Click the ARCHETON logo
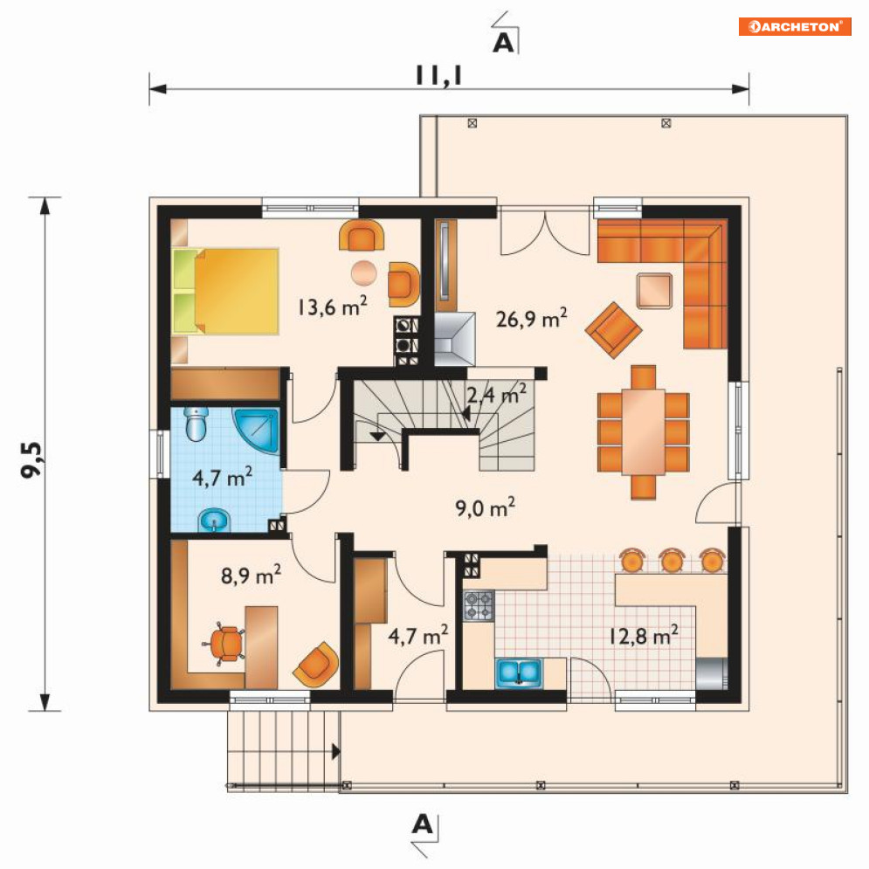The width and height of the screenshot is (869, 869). [x=795, y=26]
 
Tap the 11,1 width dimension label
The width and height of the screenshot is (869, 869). [x=439, y=76]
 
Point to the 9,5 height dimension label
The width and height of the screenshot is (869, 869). [x=31, y=459]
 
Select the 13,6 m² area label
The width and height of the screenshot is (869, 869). [x=333, y=306]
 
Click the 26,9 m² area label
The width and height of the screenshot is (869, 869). [x=532, y=319]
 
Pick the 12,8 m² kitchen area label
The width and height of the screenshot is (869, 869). [x=644, y=635]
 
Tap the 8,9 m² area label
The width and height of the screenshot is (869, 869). [x=251, y=576]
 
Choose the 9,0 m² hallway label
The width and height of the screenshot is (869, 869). [x=486, y=507]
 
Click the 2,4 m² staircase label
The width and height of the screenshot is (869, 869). [x=497, y=394]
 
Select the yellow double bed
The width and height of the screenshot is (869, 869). [x=225, y=291]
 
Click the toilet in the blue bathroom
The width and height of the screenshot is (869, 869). [x=197, y=424]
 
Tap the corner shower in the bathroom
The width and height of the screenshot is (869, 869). [x=257, y=431]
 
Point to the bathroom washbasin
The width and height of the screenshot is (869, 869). [x=214, y=521]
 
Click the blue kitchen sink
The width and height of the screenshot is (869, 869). [x=518, y=672]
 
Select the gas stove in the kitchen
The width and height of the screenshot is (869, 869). [x=479, y=605]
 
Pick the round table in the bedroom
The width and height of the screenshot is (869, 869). [x=364, y=272]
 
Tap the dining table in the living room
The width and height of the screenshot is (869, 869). [x=643, y=432]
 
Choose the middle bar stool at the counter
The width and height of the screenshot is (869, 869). [x=672, y=561]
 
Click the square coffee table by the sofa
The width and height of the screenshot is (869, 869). [x=654, y=291]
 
